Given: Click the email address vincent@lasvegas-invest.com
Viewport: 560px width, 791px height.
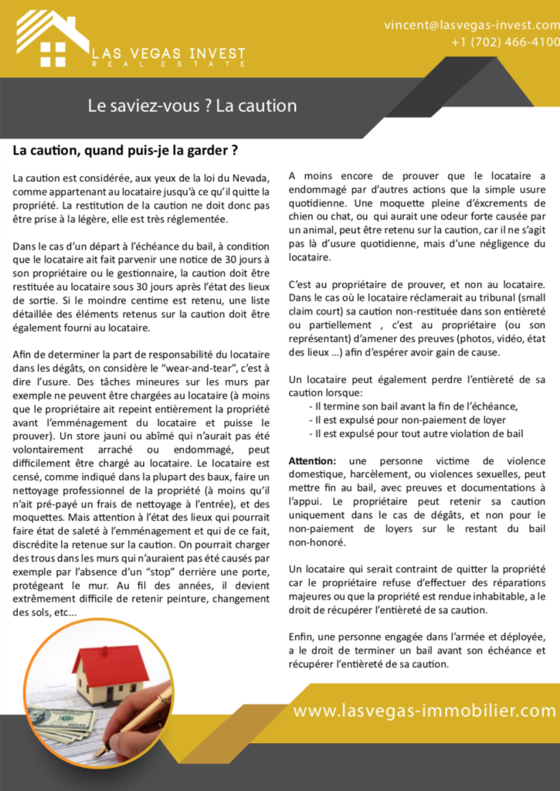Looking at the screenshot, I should click(x=471, y=25).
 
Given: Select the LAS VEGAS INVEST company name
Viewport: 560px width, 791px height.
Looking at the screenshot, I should click(x=168, y=53).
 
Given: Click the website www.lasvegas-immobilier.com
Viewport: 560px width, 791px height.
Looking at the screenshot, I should click(x=424, y=711).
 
